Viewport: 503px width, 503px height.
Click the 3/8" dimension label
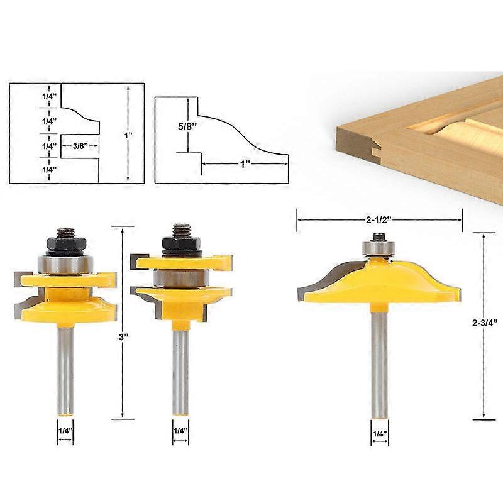coord(80,146)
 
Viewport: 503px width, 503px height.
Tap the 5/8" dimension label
coord(187,126)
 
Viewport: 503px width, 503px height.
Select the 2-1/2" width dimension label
coord(379,219)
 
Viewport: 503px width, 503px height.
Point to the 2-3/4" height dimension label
coord(484,323)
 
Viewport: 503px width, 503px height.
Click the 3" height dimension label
coord(123,337)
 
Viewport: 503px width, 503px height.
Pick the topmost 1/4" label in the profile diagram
coord(49,96)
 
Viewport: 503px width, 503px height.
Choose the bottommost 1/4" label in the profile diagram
coord(49,169)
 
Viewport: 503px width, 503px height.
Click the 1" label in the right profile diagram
coord(245,164)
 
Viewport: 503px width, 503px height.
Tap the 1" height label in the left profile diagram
coord(128,135)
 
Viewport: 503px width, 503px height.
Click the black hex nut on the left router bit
coord(66,244)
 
